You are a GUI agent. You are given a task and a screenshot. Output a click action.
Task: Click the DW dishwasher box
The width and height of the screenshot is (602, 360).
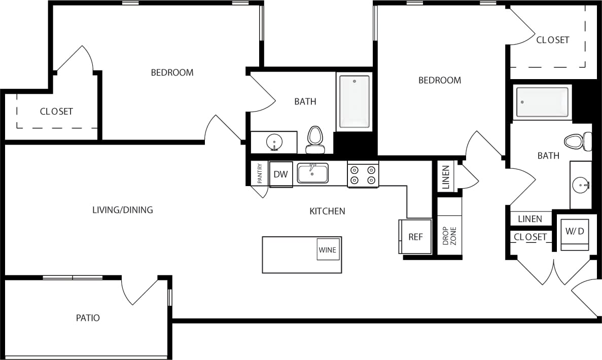click(x=280, y=174)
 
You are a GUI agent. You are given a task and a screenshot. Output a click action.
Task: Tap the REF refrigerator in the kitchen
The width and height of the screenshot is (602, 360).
click(x=415, y=237)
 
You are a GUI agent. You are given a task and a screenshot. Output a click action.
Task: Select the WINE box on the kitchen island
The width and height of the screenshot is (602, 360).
click(x=328, y=249)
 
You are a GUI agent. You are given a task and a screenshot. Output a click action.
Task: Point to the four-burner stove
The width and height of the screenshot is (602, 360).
click(x=363, y=174)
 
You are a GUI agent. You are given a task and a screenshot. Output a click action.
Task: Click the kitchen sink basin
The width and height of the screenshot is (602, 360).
click(x=312, y=173)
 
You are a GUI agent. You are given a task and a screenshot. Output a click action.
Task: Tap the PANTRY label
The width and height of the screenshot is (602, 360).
click(x=260, y=173)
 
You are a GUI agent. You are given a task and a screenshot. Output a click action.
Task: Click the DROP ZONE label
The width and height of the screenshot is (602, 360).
click(x=450, y=236)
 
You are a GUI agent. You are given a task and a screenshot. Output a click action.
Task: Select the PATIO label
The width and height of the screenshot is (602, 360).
click(x=88, y=318)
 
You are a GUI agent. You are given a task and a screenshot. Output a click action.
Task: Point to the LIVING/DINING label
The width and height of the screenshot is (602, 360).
click(x=122, y=209)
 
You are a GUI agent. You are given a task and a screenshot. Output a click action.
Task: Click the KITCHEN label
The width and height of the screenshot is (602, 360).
click(x=327, y=211)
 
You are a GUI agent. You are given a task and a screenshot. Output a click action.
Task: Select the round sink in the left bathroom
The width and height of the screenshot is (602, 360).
click(x=274, y=142)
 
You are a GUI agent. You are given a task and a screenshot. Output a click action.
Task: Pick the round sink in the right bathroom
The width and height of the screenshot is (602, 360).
click(x=580, y=185)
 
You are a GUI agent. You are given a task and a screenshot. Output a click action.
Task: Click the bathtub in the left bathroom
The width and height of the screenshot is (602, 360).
click(x=354, y=102)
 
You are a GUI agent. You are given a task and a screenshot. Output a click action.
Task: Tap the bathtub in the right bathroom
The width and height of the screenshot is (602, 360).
click(x=542, y=102)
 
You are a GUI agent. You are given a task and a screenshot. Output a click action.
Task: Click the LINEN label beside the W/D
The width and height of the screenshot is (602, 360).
click(x=530, y=219)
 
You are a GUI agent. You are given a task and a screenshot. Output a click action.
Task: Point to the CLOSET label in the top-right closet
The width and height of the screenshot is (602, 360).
click(x=553, y=40)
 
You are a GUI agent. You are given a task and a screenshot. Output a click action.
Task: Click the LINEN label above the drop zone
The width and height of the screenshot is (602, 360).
click(x=446, y=177)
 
